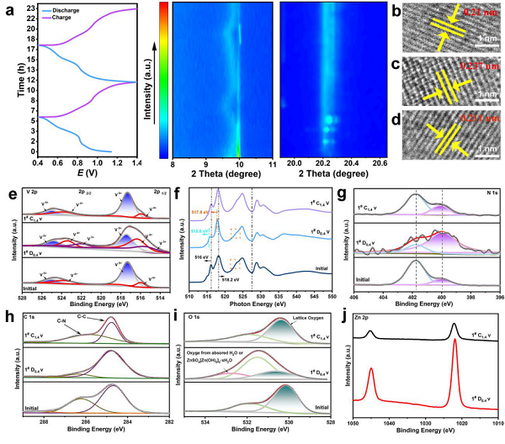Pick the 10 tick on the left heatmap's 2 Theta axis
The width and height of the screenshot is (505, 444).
(x=239, y=166)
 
